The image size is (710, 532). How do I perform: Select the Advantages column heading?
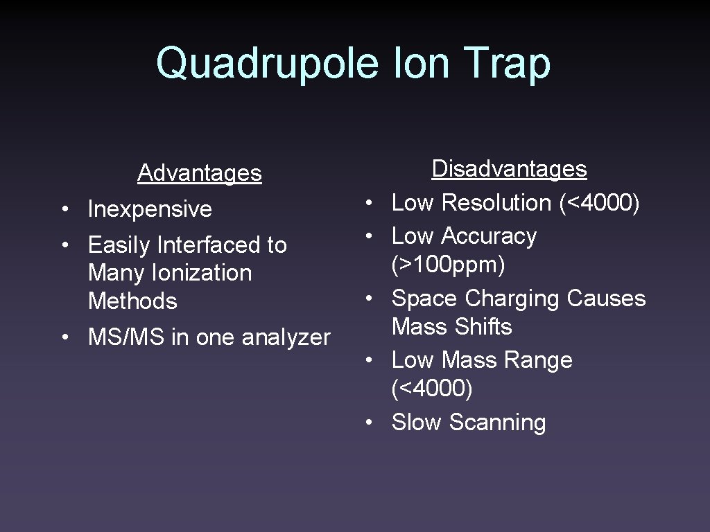tap(200, 172)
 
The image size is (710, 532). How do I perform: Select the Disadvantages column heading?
tap(509, 168)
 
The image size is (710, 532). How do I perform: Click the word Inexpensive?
tap(150, 209)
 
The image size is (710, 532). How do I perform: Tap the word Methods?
tap(132, 301)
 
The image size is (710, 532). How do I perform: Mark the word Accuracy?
tap(489, 236)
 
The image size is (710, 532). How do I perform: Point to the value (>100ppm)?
tap(448, 265)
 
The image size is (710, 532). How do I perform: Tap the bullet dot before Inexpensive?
tap(63, 209)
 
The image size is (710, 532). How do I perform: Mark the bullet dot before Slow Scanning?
tap(372, 422)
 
